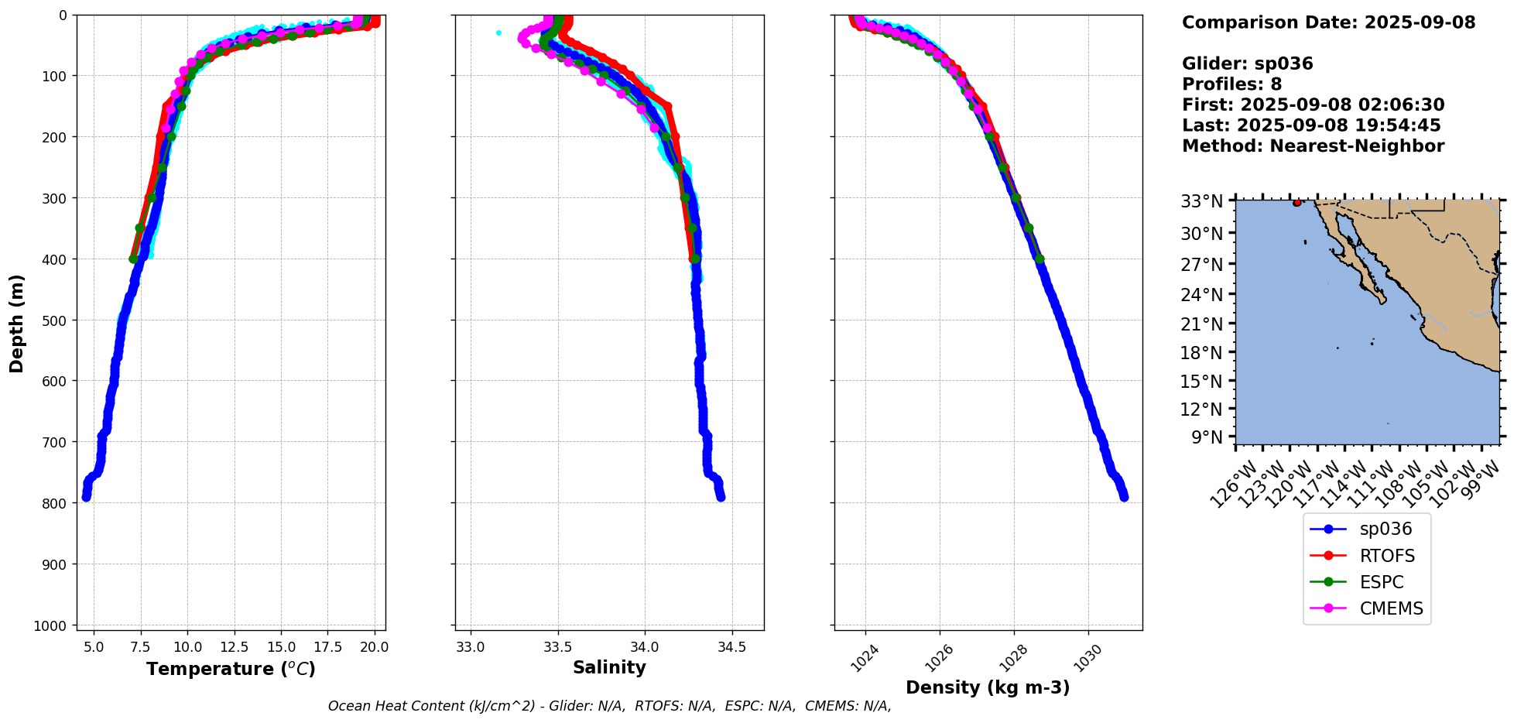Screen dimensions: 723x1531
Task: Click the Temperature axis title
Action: [231, 669]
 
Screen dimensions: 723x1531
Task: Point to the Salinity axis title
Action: [609, 667]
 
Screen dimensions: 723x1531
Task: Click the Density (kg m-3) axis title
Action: [988, 687]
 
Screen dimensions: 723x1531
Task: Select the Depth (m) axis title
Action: [17, 323]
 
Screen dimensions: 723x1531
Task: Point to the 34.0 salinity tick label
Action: [645, 646]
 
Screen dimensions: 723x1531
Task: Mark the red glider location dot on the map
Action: [1296, 203]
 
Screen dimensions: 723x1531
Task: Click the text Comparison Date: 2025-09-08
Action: [1328, 22]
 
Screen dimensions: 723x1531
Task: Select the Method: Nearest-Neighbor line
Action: [1313, 146]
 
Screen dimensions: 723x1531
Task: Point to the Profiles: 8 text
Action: [1231, 84]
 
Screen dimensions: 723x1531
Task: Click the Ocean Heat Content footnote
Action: [609, 706]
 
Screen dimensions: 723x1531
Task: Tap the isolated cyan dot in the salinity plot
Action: [498, 33]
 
